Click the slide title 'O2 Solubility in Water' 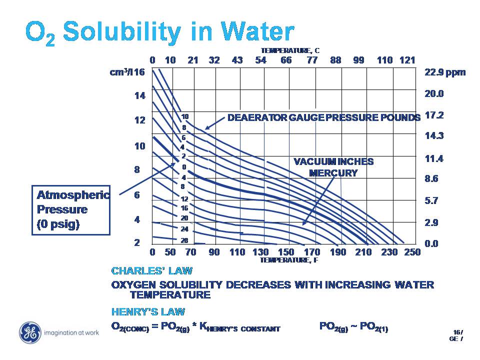159,32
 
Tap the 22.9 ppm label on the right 444,72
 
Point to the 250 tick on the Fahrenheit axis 412,252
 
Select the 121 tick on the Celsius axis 407,60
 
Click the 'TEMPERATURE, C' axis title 290,50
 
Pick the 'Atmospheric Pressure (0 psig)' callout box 71,209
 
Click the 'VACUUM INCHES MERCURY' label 333,167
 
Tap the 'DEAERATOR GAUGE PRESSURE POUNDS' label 324,118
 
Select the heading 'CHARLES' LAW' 151,271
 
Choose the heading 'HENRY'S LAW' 148,312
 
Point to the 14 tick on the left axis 139,95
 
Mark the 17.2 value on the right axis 434,115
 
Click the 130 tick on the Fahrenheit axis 260,252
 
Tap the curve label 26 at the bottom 184,240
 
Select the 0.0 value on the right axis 431,243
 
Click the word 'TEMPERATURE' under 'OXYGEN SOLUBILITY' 169,295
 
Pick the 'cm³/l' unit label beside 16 121,72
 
